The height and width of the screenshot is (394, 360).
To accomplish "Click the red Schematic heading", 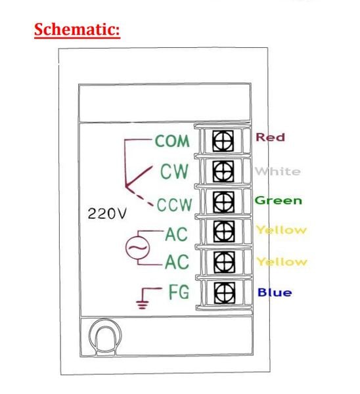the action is (x=77, y=30).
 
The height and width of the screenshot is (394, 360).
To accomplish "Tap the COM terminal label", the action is (x=172, y=141).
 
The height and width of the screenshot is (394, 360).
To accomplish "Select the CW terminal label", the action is (x=174, y=171).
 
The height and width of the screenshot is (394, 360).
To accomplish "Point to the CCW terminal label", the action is (x=175, y=204).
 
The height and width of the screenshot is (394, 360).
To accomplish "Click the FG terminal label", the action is (x=179, y=292).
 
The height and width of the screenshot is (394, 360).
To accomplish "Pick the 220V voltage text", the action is (x=107, y=214).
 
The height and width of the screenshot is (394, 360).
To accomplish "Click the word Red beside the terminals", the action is (x=270, y=137).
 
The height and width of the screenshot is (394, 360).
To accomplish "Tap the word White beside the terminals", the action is (x=277, y=171).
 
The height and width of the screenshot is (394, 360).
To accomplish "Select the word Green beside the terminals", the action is (x=279, y=200).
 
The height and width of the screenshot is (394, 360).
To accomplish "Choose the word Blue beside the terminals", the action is (x=275, y=292).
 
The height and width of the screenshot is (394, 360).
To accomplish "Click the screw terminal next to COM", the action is (x=223, y=141).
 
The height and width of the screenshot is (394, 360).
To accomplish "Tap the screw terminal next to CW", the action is (x=223, y=171).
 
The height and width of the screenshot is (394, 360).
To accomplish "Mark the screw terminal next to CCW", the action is (x=223, y=202).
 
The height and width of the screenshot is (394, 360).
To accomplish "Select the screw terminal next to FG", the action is (x=225, y=292).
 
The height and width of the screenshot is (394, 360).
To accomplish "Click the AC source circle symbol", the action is (x=137, y=248).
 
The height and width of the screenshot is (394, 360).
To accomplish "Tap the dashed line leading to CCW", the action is (x=140, y=197).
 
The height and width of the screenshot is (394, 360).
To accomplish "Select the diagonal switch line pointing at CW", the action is (x=139, y=177).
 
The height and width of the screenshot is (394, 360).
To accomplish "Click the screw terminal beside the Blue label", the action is (x=225, y=292).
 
